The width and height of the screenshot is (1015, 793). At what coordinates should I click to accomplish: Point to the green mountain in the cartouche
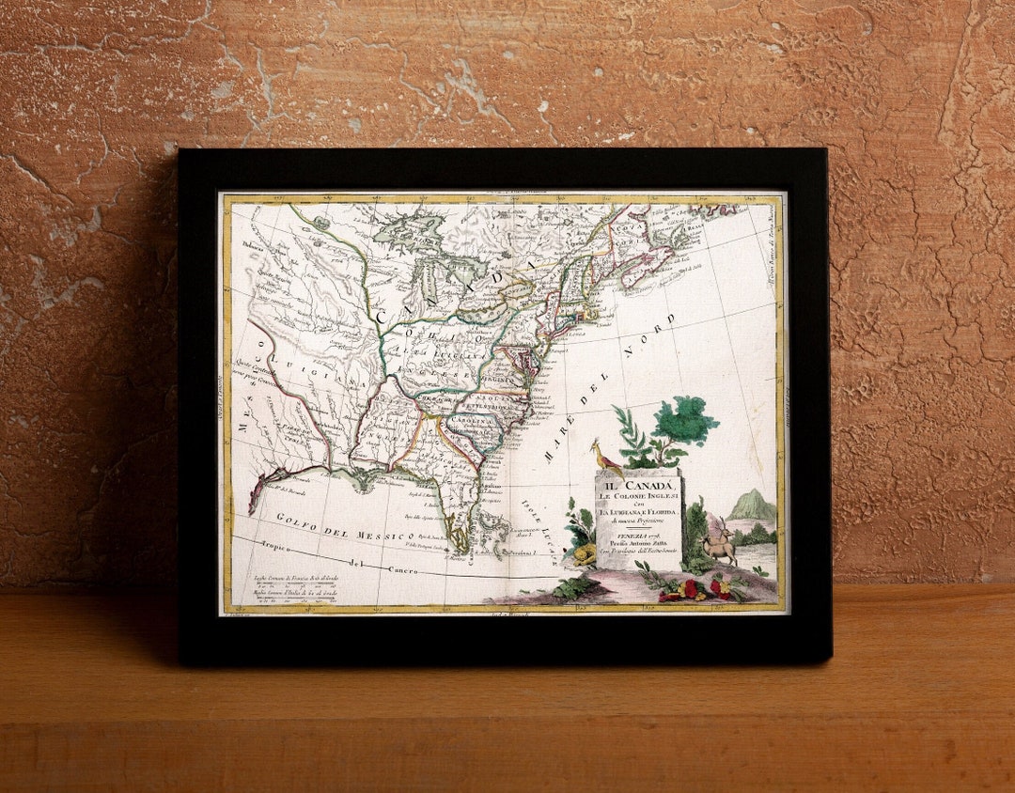pyautogui.click(x=753, y=505)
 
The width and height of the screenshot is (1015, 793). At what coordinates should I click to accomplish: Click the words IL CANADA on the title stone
pyautogui.click(x=639, y=485)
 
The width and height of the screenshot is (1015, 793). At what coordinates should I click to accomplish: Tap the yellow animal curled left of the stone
pyautogui.click(x=583, y=554)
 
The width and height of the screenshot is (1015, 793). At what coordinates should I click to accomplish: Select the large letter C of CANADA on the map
pyautogui.click(x=383, y=316)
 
